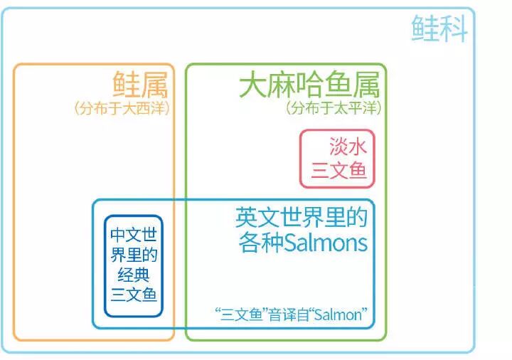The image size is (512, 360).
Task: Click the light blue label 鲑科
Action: pyautogui.click(x=439, y=28)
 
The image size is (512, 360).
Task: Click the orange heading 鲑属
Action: pyautogui.click(x=140, y=86)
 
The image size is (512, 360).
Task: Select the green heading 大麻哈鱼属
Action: pyautogui.click(x=309, y=86)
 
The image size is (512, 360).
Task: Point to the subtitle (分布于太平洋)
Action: pyautogui.click(x=334, y=109)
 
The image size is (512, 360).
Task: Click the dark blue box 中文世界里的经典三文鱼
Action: pyautogui.click(x=133, y=265)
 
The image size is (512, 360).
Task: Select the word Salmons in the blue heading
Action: pyautogui.click(x=326, y=243)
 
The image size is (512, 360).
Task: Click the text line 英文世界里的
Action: pyautogui.click(x=302, y=217)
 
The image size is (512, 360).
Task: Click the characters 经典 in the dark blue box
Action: pyautogui.click(x=134, y=275)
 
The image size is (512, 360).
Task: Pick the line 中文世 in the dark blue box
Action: pyautogui.click(x=133, y=235)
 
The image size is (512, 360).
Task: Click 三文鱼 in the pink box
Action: pyautogui.click(x=339, y=171)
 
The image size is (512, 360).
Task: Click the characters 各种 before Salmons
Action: pyautogui.click(x=260, y=243)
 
